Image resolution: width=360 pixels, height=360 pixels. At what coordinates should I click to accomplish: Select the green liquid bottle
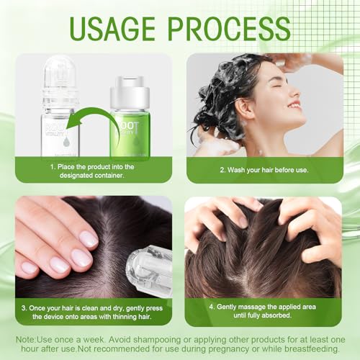[130, 122]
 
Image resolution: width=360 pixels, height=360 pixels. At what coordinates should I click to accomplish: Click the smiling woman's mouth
[294, 106]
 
